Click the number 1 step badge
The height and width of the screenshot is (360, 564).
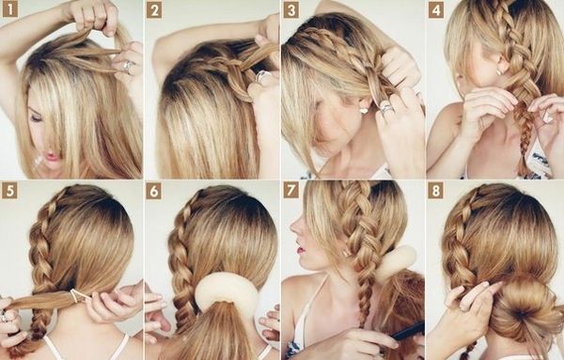point(10,9)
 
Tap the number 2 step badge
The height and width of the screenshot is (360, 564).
point(154,10)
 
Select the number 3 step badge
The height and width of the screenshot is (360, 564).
point(291,10)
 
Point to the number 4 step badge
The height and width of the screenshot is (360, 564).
point(435,10)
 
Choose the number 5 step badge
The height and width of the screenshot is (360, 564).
point(9,191)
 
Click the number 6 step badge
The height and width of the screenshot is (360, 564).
point(153,192)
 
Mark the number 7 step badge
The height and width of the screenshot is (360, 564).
point(291,190)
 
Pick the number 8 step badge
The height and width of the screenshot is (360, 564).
point(435,191)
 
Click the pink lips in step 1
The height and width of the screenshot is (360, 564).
point(51,157)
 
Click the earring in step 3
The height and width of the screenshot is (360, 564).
point(364,110)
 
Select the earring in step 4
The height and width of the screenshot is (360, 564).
point(499,72)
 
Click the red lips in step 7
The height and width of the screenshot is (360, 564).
point(299,248)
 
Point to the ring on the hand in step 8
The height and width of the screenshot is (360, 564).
point(463,308)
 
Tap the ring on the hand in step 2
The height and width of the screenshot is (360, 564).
point(263,76)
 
